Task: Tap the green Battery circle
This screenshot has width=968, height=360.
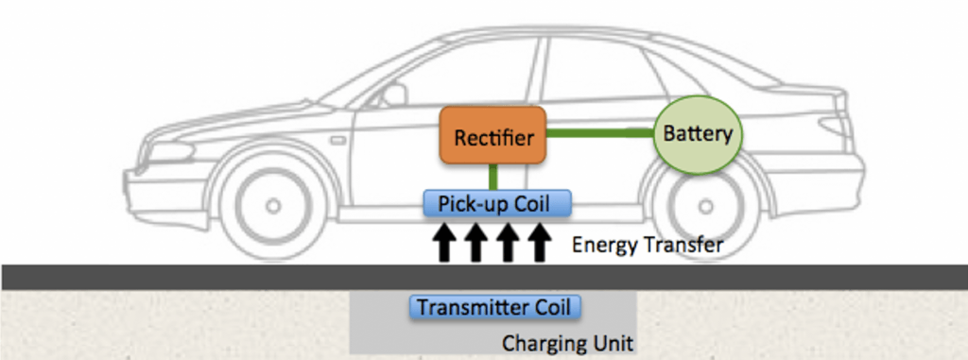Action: (699, 134)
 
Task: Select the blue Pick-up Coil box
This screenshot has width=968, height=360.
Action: (499, 202)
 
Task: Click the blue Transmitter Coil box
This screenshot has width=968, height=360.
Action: (494, 307)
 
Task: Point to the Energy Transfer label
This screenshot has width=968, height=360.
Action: (647, 246)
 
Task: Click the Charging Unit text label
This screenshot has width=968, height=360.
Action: (566, 343)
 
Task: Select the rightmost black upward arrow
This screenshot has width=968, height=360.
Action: (539, 243)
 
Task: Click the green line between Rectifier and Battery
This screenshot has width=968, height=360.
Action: (601, 132)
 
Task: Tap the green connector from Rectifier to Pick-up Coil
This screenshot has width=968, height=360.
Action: (493, 177)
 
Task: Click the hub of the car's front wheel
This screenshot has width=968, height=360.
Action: (272, 205)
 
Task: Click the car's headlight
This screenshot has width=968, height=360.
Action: (170, 152)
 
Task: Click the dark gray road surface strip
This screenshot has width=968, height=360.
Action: (189, 277)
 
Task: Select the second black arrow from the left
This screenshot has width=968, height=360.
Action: (475, 243)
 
